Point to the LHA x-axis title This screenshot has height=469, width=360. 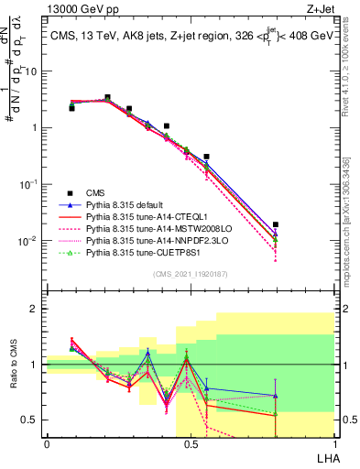pos(325,456)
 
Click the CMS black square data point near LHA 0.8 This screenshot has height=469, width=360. pos(276,224)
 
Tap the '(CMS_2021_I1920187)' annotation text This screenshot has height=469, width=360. pos(191,273)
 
